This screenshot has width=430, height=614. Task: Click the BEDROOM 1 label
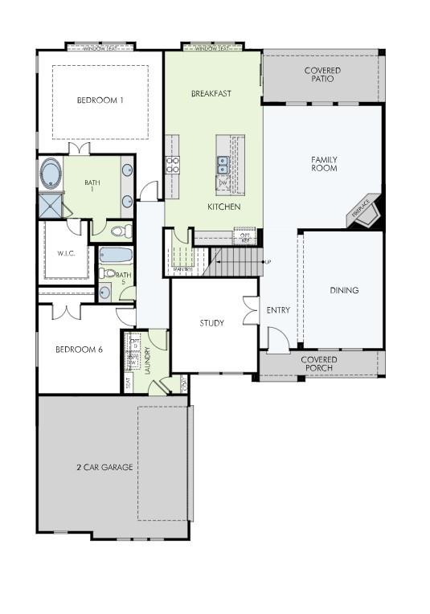click(100, 100)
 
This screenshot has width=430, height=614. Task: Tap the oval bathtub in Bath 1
click(51, 173)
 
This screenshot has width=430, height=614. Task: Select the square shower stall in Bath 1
click(51, 206)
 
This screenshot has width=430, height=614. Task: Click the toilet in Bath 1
click(119, 231)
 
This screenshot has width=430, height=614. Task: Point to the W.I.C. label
click(66, 254)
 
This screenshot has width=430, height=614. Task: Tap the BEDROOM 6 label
click(79, 350)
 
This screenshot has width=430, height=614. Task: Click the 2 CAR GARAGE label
click(104, 467)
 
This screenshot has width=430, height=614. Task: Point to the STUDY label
click(212, 323)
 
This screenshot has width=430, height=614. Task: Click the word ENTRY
click(278, 309)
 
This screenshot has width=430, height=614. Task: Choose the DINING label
click(344, 290)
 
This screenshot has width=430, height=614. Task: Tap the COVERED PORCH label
click(319, 363)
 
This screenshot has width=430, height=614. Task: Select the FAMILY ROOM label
click(324, 164)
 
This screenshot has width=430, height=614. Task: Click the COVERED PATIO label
click(321, 76)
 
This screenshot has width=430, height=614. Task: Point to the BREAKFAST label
click(211, 93)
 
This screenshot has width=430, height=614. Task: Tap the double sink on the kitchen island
click(222, 165)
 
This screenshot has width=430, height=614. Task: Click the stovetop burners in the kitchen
click(172, 165)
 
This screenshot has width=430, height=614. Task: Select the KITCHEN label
click(224, 207)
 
